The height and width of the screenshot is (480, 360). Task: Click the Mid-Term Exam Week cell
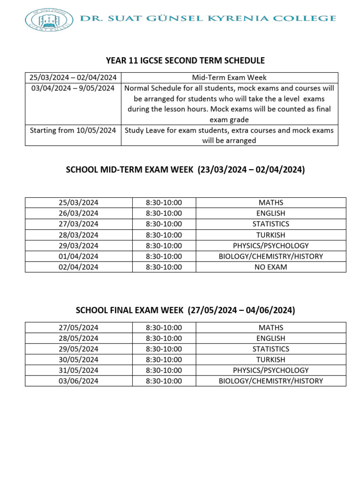229,78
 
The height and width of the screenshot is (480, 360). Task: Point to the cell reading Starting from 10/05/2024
73,130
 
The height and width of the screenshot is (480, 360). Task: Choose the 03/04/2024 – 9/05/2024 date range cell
73,88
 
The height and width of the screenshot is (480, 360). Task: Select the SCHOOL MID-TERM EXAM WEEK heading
186,170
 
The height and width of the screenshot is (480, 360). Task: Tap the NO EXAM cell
270,267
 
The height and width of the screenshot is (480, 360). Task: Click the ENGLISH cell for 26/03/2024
270,213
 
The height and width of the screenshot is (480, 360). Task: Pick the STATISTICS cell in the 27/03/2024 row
270,224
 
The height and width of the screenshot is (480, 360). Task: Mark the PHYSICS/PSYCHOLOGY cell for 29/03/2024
270,246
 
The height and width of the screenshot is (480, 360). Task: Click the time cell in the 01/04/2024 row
164,256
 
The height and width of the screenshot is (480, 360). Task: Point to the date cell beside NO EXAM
78,267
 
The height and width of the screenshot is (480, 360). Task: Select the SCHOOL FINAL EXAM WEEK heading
185,310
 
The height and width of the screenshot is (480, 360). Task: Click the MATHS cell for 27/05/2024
270,328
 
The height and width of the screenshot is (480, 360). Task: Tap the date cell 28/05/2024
78,338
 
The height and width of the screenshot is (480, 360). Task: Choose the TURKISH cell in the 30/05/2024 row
270,360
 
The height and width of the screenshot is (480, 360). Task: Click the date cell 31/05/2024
78,370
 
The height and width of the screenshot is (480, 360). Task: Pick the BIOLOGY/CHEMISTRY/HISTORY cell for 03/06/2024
270,381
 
